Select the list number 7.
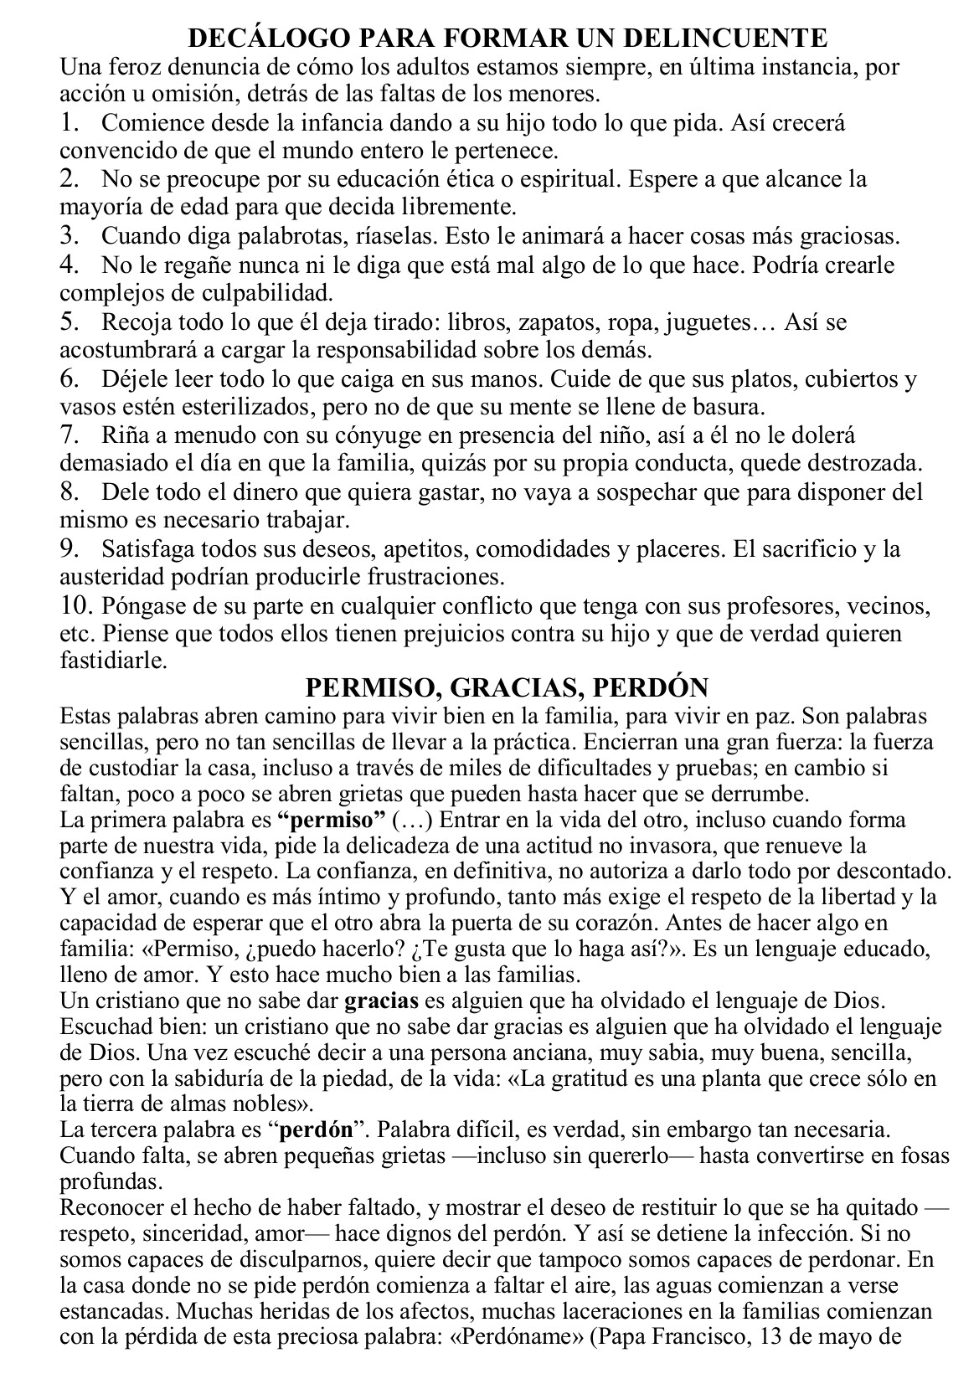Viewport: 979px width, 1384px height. (x=70, y=435)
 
